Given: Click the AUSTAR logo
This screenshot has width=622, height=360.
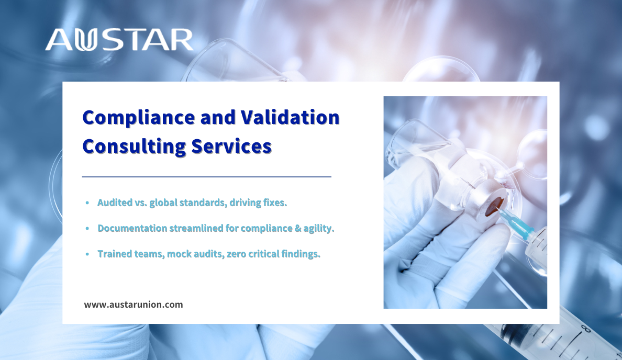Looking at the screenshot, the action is [x=119, y=40].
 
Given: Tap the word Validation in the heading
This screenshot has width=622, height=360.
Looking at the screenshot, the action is [x=291, y=117].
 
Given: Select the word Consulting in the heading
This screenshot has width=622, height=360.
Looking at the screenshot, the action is [x=134, y=147].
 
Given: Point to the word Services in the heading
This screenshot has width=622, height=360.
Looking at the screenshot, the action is [x=231, y=147].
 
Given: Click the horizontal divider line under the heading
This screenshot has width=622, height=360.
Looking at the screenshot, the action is [x=207, y=176].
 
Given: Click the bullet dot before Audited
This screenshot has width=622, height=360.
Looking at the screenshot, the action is [x=87, y=203].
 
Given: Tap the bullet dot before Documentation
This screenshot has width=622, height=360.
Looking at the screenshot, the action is [x=87, y=229].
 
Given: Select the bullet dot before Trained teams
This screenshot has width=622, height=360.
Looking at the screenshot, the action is [x=87, y=254].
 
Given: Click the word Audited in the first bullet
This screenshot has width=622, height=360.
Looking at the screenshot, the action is [x=115, y=203].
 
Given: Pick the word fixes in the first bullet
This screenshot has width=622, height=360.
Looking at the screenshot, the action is [x=275, y=203].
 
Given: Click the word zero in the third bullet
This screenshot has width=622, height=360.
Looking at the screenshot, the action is [x=237, y=254].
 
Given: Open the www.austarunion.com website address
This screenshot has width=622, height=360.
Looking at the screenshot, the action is [x=134, y=305].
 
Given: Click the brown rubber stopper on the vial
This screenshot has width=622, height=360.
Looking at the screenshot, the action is [x=495, y=207].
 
